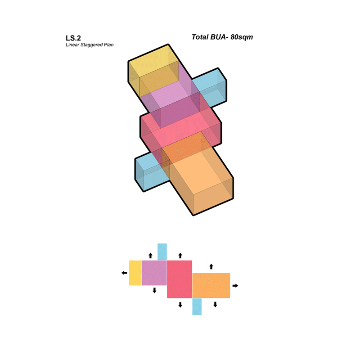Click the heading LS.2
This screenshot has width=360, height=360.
[73, 38]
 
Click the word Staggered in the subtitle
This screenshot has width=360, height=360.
[91, 45]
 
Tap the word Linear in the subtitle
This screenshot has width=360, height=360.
[72, 45]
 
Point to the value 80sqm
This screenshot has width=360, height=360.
[242, 37]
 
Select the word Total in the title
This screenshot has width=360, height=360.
[200, 37]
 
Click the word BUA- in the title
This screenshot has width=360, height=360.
[219, 37]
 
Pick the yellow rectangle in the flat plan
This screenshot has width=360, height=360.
[135, 273]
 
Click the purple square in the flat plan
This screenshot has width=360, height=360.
[154, 273]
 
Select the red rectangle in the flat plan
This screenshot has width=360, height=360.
[180, 279]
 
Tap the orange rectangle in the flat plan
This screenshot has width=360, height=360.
[211, 286]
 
